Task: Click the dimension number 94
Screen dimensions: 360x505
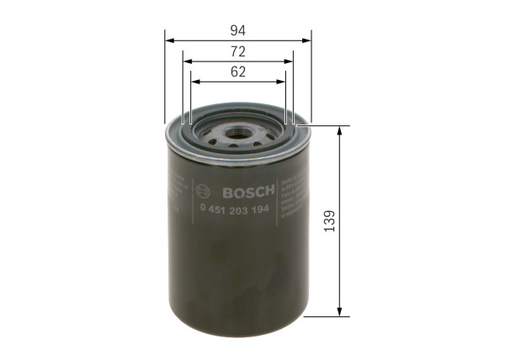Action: pos(237,30)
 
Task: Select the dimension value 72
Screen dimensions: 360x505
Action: pos(237,52)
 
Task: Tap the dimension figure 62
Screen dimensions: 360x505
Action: pos(237,72)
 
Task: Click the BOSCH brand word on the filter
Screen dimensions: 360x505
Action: pos(239,190)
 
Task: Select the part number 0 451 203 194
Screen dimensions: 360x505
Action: pos(232,209)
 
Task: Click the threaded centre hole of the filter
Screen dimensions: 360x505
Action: pos(237,132)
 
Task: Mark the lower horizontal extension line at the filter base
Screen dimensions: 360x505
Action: pos(325,317)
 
